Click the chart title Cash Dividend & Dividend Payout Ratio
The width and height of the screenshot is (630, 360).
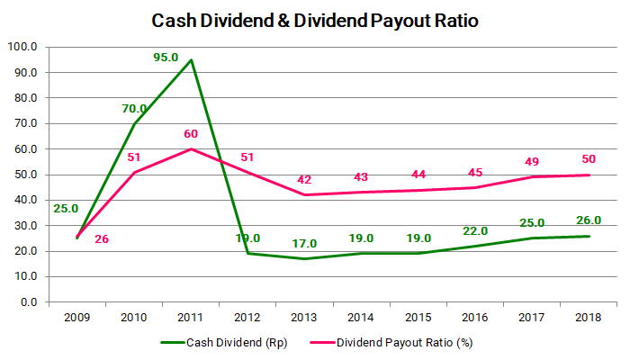315,19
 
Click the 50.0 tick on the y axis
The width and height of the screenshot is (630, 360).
23,175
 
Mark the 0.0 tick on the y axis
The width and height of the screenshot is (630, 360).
27,302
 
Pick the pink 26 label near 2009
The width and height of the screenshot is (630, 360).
102,240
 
